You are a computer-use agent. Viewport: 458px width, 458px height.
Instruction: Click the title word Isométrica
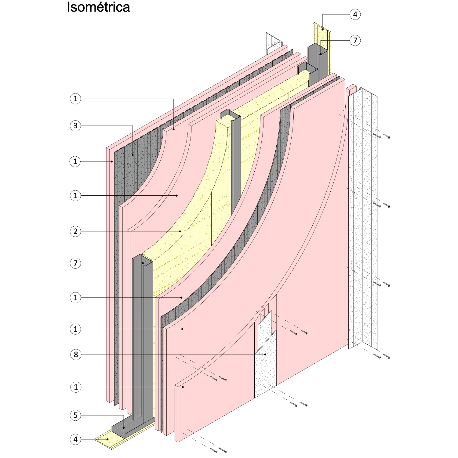pyautogui.click(x=98, y=7)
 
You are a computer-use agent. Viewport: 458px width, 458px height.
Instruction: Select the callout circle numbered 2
pyautogui.click(x=76, y=231)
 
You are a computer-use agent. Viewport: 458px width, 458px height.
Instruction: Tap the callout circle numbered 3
pyautogui.click(x=76, y=125)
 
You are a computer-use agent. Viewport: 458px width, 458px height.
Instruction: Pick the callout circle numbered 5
pyautogui.click(x=76, y=415)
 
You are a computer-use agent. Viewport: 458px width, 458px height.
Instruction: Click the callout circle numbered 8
pyautogui.click(x=76, y=354)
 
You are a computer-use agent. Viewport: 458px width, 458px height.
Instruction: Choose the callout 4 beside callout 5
pyautogui.click(x=76, y=439)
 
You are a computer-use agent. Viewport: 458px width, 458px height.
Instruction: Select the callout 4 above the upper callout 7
pyautogui.click(x=355, y=14)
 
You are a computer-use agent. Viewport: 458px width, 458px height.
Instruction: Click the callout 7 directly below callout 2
pyautogui.click(x=76, y=263)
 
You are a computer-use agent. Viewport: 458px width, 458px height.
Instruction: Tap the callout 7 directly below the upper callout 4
pyautogui.click(x=355, y=40)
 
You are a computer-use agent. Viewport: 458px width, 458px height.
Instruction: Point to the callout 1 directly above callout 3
pyautogui.click(x=76, y=99)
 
